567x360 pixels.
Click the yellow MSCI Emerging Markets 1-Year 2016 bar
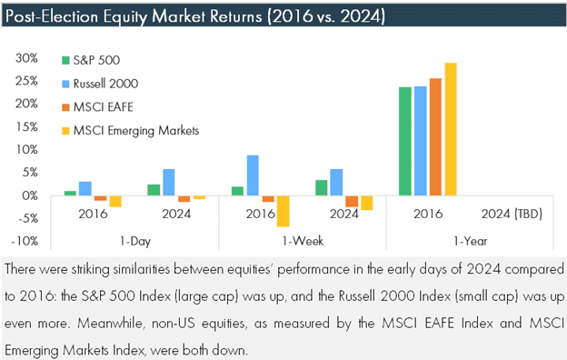(451, 129)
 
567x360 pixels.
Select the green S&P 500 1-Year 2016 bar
(405, 142)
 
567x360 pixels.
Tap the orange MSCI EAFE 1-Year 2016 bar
(435, 137)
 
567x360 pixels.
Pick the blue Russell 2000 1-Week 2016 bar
(253, 175)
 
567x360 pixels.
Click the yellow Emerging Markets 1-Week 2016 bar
(283, 211)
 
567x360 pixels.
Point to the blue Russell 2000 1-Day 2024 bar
(169, 183)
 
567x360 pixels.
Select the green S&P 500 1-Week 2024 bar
(322, 188)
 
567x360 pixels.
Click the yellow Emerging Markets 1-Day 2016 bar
(115, 202)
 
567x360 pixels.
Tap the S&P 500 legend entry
(91, 60)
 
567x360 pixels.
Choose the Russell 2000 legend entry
(100, 84)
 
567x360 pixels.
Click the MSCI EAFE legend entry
(97, 107)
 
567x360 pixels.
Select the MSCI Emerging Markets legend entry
(131, 131)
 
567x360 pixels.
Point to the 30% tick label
(26, 58)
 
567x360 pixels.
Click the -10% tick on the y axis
(25, 241)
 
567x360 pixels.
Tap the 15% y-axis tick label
(27, 126)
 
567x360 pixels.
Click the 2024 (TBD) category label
(512, 214)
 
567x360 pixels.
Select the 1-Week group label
(303, 241)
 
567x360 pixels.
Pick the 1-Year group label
(471, 241)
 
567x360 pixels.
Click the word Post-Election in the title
(52, 16)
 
